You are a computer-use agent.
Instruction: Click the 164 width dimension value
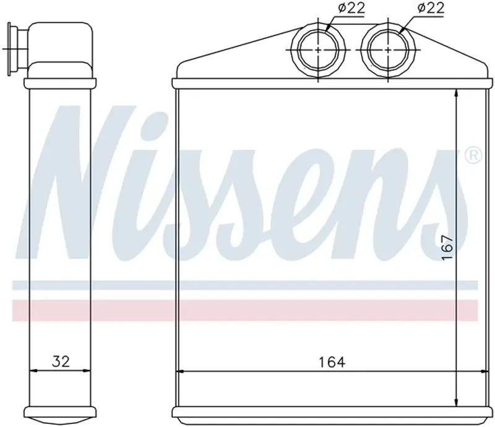(x=332, y=362)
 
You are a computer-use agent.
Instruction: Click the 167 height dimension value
(x=447, y=247)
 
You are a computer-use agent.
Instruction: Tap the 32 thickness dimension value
(x=61, y=361)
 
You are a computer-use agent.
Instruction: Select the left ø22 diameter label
(x=351, y=7)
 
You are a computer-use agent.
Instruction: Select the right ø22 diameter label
(x=431, y=7)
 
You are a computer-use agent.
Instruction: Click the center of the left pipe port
(x=318, y=50)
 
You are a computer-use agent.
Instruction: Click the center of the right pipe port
(x=388, y=50)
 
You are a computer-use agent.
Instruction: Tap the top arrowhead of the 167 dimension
(x=456, y=94)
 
